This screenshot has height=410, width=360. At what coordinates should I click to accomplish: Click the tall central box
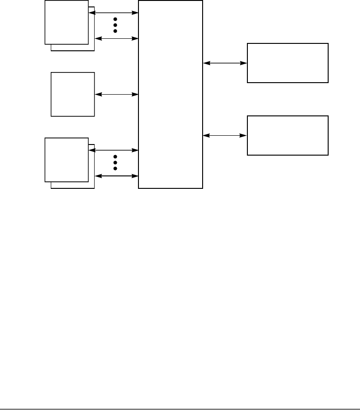170,94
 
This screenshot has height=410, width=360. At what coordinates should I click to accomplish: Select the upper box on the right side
288,63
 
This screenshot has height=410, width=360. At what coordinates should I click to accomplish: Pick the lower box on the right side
288,135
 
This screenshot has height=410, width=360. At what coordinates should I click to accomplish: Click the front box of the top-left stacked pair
66,22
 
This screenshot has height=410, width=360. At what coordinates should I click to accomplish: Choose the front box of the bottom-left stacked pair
66,159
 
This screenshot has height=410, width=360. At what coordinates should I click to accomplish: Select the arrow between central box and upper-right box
225,63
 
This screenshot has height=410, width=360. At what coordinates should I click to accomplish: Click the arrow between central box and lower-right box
225,135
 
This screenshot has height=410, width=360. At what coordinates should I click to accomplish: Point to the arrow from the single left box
116,95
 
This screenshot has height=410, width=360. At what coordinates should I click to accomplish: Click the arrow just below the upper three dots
116,39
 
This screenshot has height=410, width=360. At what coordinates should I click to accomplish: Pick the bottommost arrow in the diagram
116,176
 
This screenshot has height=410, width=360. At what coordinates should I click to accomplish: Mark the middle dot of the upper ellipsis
115,25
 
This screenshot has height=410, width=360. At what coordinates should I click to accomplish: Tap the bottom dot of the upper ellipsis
115,31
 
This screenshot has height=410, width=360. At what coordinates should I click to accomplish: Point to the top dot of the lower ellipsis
115,157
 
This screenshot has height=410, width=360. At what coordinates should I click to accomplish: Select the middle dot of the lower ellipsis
115,163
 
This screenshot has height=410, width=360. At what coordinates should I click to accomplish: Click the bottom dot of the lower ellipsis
115,169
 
